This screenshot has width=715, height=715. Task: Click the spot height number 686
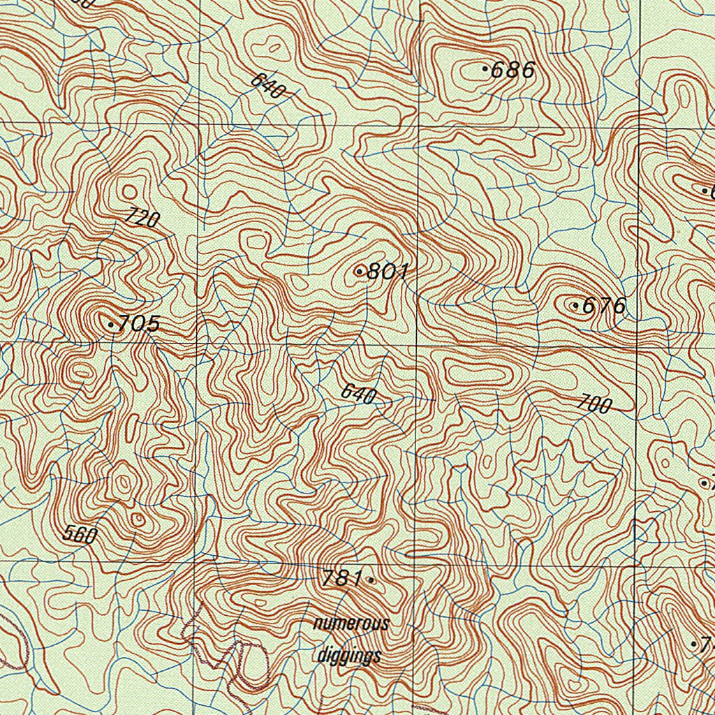(x=513, y=70)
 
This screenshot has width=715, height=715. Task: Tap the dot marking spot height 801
(x=359, y=271)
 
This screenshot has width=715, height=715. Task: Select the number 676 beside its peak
(x=604, y=306)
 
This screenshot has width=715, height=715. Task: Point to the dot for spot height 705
(x=111, y=325)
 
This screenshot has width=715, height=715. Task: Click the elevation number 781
(x=342, y=578)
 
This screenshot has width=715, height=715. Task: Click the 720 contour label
(x=142, y=219)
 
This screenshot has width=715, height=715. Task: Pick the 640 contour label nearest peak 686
(x=268, y=85)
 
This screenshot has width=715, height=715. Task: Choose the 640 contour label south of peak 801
(x=359, y=395)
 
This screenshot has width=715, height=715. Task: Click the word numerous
(x=351, y=624)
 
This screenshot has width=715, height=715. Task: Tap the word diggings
(x=349, y=656)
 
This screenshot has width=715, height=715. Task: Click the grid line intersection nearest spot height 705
(x=198, y=344)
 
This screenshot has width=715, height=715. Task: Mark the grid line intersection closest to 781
(x=415, y=563)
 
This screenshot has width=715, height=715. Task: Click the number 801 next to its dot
(x=387, y=272)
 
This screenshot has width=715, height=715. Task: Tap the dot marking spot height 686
(x=485, y=68)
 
